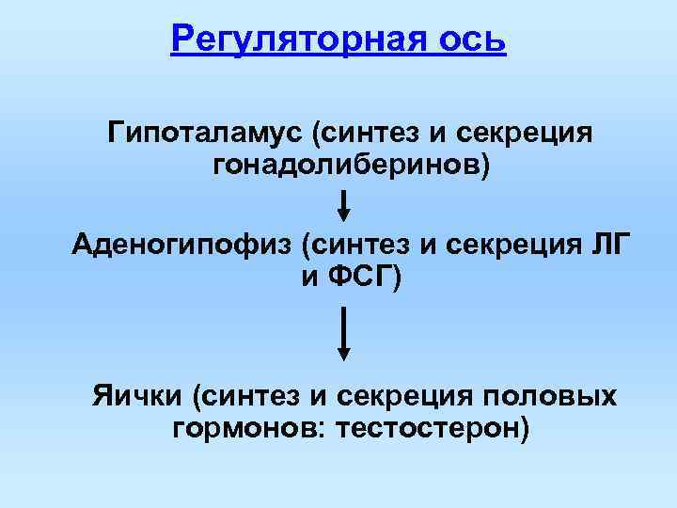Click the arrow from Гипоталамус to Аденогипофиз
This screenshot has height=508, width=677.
click(344, 204)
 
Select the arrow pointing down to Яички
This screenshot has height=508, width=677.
click(344, 332)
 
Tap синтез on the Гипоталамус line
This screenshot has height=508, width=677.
click(370, 133)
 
